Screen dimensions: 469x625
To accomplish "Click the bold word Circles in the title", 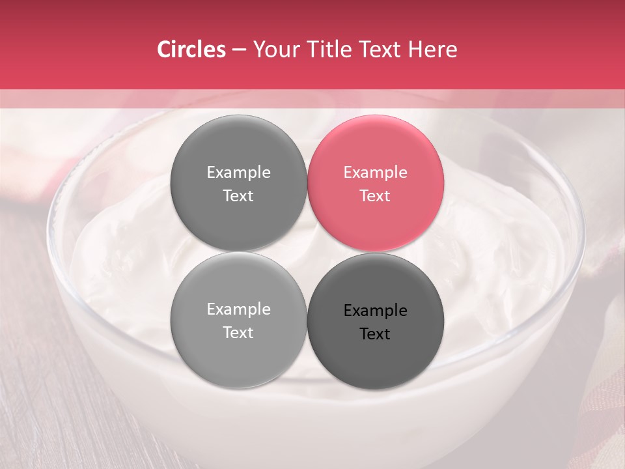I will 191,50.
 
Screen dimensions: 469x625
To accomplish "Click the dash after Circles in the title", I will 239,50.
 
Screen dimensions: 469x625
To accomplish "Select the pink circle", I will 376,183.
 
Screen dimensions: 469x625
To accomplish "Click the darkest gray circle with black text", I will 376,320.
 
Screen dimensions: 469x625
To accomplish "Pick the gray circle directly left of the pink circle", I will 238,183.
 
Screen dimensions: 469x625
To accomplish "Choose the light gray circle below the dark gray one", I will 238,320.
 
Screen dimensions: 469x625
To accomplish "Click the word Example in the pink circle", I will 375,173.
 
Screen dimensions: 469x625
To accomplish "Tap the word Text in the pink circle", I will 375,195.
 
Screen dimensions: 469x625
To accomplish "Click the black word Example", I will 375,311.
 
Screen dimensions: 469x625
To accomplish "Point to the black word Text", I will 375,334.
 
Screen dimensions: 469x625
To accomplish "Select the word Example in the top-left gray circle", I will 238,173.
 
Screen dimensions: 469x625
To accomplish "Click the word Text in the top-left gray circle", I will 238,195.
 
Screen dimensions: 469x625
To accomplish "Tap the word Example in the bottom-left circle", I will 238,309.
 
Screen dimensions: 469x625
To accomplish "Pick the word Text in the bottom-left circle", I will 238,332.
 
